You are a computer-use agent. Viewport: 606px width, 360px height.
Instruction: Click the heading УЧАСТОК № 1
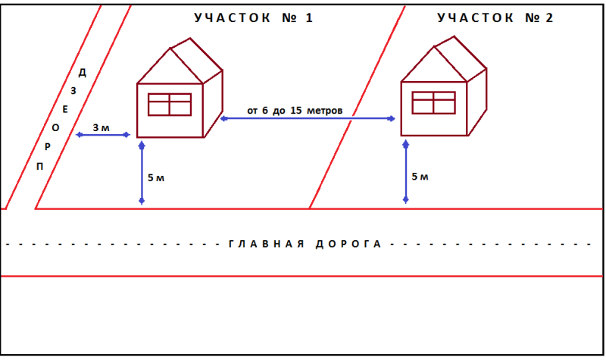(x=253, y=17)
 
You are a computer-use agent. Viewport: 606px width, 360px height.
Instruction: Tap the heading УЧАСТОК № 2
(x=495, y=17)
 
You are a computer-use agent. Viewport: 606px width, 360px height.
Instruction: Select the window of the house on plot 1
(x=170, y=105)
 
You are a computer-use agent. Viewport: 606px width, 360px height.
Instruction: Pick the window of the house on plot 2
(x=433, y=102)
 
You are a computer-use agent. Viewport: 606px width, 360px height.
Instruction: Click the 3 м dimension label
(x=101, y=127)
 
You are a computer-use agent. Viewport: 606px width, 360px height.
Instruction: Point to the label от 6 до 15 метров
(x=295, y=111)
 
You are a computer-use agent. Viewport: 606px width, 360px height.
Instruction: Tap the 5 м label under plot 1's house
(x=156, y=178)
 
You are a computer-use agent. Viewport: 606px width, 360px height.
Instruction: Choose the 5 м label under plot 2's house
(x=420, y=177)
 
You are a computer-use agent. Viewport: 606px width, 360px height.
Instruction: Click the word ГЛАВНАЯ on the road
(x=267, y=244)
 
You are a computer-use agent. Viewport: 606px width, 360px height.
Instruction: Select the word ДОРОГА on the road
(x=348, y=244)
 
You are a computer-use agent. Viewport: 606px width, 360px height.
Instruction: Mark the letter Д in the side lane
(x=83, y=72)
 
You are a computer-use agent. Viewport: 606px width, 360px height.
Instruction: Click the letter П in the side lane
(x=39, y=167)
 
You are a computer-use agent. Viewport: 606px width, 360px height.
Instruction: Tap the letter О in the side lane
(x=55, y=128)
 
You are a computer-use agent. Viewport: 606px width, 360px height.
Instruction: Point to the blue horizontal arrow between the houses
(x=308, y=118)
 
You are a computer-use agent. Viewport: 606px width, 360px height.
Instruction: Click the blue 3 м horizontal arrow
(x=103, y=135)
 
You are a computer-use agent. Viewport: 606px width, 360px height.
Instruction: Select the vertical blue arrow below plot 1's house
(x=142, y=173)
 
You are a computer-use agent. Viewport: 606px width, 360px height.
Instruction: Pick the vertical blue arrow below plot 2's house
(x=406, y=171)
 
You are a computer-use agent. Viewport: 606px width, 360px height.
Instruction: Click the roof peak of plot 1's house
(x=170, y=48)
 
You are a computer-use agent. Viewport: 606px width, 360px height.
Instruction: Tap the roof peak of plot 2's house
(x=434, y=46)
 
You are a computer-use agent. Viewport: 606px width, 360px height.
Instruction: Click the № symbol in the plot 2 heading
(x=532, y=17)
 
